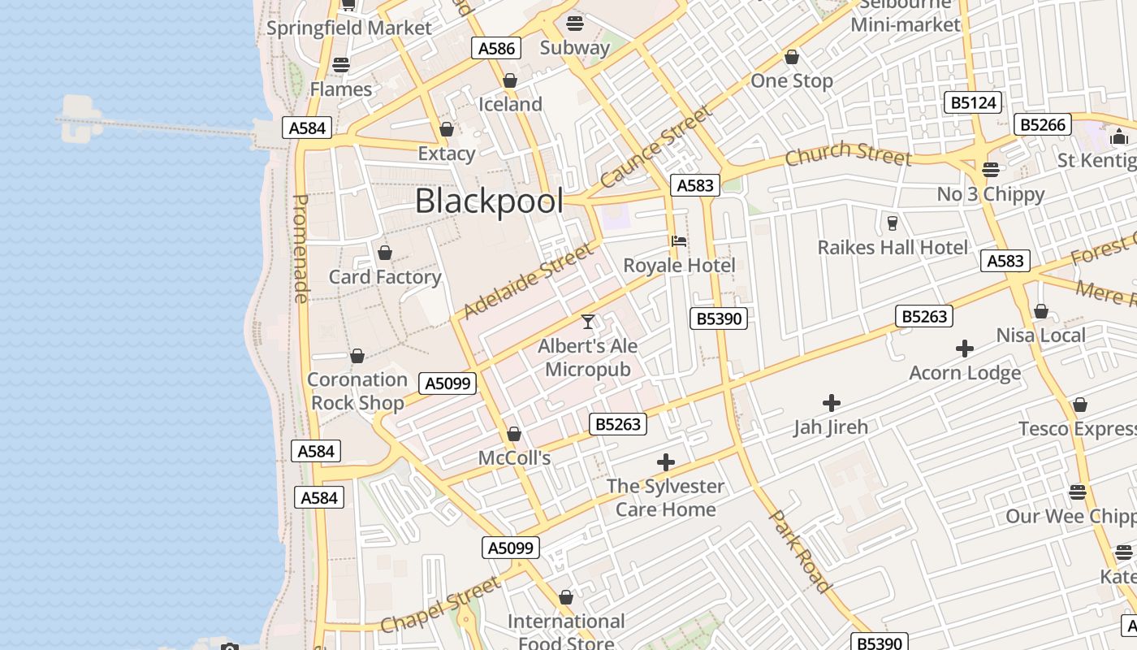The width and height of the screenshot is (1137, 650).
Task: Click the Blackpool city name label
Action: [x=489, y=201]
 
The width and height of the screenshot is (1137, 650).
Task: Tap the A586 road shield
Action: [x=496, y=48]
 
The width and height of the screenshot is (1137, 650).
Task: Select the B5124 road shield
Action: [x=973, y=102]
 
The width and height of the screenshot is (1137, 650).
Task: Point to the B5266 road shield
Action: [x=1043, y=124]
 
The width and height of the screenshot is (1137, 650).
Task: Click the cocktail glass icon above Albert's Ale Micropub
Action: [x=588, y=322]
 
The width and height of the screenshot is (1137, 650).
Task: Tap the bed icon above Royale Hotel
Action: [x=679, y=241]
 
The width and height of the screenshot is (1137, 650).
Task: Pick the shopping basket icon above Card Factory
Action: [x=385, y=253]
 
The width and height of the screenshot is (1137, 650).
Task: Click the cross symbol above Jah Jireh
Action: [x=831, y=402]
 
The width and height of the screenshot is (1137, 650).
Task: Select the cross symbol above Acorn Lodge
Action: [x=965, y=349]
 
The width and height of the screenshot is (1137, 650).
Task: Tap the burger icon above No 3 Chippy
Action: [x=990, y=170]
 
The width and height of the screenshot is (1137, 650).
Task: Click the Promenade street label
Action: [x=300, y=249]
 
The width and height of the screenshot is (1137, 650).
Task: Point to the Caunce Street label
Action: [x=655, y=146]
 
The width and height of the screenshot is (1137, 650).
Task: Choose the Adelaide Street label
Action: [x=528, y=281]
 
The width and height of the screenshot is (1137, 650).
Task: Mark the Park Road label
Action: [x=801, y=551]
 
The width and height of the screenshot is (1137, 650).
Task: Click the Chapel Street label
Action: [x=441, y=604]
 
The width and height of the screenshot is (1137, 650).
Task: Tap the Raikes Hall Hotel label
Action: [x=893, y=248]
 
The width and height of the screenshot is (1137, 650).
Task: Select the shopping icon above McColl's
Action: [x=514, y=435]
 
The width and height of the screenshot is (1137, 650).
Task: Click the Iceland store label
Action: [x=510, y=104]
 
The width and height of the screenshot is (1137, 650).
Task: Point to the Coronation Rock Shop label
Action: [x=357, y=391]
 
